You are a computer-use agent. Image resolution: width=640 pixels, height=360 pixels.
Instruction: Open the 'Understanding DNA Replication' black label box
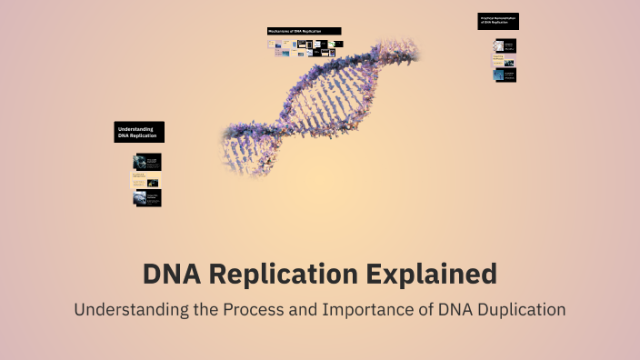[x=139, y=132]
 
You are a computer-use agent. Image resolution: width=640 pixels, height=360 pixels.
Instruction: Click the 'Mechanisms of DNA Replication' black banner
[x=305, y=31]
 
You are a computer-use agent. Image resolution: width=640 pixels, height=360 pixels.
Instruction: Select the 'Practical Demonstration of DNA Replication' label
[x=498, y=21]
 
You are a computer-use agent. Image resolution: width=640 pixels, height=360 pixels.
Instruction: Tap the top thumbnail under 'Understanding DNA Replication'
[x=147, y=162]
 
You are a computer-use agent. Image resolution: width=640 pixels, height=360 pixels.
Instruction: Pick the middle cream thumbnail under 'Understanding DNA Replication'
[x=147, y=180]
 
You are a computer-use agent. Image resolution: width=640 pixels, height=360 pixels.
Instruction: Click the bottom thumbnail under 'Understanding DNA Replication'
[x=147, y=197]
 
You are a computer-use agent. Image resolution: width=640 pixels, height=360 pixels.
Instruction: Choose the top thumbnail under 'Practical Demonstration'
[x=505, y=45]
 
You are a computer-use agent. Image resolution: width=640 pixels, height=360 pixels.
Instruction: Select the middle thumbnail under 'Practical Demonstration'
[x=505, y=60]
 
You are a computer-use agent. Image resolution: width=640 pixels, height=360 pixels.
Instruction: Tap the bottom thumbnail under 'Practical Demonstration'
[x=505, y=75]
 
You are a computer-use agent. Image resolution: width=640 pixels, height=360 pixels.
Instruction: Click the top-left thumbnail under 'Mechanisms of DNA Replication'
[x=272, y=43]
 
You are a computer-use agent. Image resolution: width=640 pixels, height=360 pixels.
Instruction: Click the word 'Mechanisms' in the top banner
[x=278, y=31]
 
